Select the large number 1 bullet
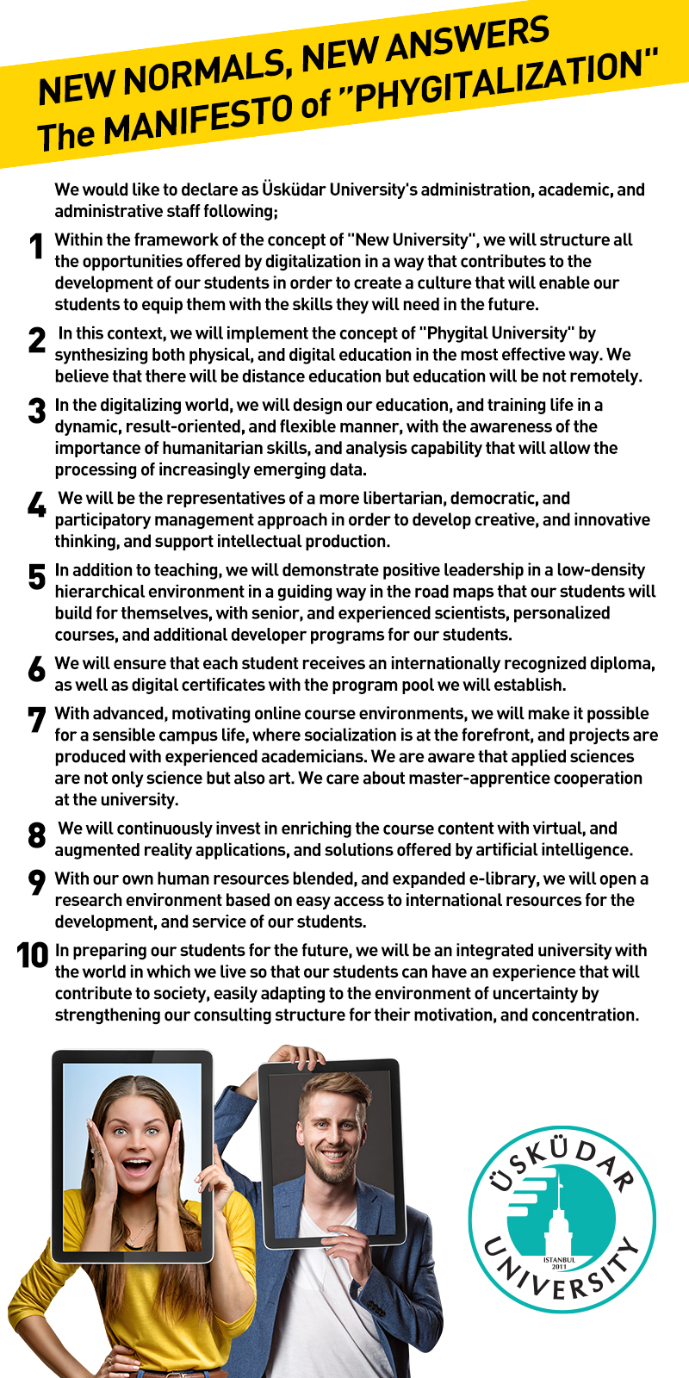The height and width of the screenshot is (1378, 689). tap(36, 247)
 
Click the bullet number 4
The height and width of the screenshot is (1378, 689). tap(36, 505)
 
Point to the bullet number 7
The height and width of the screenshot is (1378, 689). tap(36, 720)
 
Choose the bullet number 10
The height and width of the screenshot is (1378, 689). tap(33, 955)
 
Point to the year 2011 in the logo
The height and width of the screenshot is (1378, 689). tap(560, 1267)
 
